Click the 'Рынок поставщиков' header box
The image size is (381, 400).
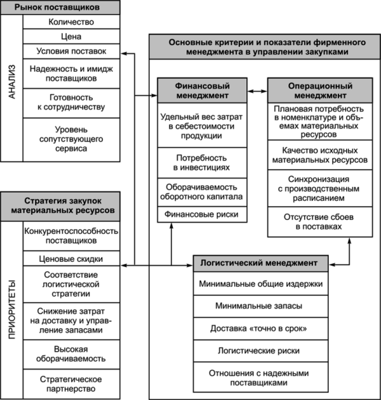pyautogui.click(x=60, y=7)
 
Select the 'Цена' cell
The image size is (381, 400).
pyautogui.click(x=71, y=36)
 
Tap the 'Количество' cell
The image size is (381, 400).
pyautogui.click(x=71, y=22)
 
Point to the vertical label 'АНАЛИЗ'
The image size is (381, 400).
pyautogui.click(x=12, y=82)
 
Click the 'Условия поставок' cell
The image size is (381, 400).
pyautogui.click(x=71, y=51)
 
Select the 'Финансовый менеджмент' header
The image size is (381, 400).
pyautogui.click(x=202, y=91)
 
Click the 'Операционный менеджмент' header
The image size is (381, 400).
pyautogui.click(x=320, y=91)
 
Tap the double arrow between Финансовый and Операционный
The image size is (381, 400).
pyautogui.click(x=257, y=91)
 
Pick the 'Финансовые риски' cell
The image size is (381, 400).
pyautogui.click(x=202, y=214)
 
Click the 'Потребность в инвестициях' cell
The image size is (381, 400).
pyautogui.click(x=202, y=163)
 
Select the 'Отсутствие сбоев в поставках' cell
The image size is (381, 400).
pyautogui.click(x=320, y=222)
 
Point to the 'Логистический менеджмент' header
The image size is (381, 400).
pyautogui.click(x=260, y=263)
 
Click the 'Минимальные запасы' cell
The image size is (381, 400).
pyautogui.click(x=260, y=306)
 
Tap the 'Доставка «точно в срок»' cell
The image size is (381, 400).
pyautogui.click(x=260, y=328)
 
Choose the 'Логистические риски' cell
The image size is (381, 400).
pyautogui.click(x=260, y=351)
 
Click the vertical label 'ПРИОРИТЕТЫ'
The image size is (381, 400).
pyautogui.click(x=12, y=309)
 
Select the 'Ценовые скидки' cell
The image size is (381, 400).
pyautogui.click(x=71, y=259)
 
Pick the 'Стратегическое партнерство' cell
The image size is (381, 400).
pyautogui.click(x=71, y=384)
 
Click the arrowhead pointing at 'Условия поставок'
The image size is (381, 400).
pyautogui.click(x=124, y=53)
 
